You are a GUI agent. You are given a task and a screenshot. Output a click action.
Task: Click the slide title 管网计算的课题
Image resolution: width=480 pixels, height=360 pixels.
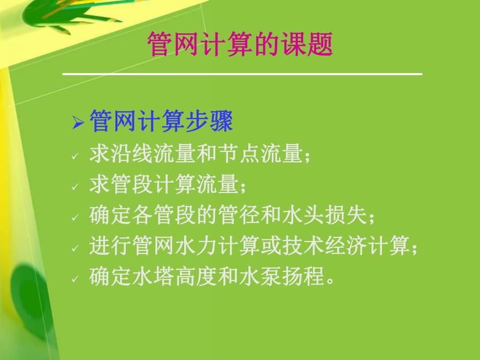240,45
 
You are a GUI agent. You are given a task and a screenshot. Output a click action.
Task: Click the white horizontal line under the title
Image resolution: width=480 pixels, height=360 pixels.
242,74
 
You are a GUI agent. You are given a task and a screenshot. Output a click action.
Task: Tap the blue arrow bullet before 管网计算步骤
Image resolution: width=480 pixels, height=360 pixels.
78,124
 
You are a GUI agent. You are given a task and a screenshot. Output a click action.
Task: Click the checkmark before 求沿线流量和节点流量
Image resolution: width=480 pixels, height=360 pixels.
76,156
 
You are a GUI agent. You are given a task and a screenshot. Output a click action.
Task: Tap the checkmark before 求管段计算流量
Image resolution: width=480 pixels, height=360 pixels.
76,186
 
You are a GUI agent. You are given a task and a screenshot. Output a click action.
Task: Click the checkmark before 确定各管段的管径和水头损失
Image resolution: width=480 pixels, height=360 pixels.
76,217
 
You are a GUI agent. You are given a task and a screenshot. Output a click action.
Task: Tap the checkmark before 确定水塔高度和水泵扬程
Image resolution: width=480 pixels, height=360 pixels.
76,278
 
